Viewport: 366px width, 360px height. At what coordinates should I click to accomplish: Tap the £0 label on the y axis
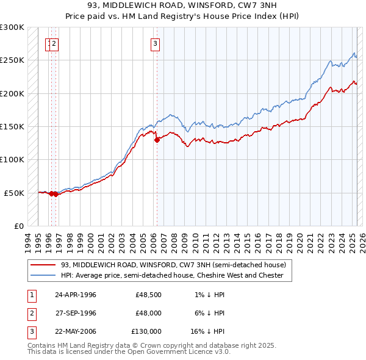pyautogui.click(x=18, y=226)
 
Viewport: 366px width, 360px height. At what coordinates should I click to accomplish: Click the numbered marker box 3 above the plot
pyautogui.click(x=156, y=43)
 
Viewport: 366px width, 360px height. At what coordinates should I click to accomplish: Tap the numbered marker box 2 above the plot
pyautogui.click(x=54, y=43)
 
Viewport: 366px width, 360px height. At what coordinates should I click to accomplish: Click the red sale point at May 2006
pyautogui.click(x=157, y=140)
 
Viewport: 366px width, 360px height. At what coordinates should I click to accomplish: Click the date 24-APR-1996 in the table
pyautogui.click(x=76, y=295)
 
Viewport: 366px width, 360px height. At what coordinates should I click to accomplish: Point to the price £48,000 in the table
pyautogui.click(x=148, y=313)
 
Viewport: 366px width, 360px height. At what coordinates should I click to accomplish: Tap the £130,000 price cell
pyautogui.click(x=146, y=331)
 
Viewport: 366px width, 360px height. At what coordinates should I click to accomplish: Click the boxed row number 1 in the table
pyautogui.click(x=31, y=295)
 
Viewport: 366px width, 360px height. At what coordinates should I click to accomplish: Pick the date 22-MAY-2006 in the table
pyautogui.click(x=76, y=331)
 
